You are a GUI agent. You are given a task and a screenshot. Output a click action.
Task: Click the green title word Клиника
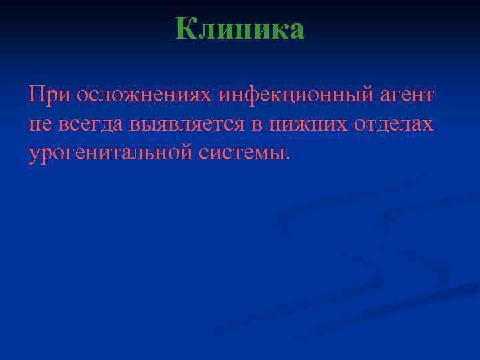click(x=240, y=29)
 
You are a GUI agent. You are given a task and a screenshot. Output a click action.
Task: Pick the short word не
click(x=38, y=125)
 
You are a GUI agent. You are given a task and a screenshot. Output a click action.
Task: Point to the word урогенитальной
click(x=111, y=154)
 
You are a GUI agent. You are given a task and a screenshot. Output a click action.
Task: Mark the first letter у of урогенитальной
click(x=34, y=155)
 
